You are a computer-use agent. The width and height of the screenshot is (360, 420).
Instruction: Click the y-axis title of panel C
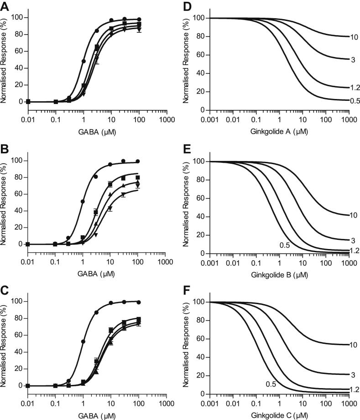[x=5, y=342]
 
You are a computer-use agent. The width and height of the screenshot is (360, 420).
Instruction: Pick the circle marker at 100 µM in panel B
[x=137, y=161]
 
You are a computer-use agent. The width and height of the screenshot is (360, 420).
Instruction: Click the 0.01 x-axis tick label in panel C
[x=28, y=404]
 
